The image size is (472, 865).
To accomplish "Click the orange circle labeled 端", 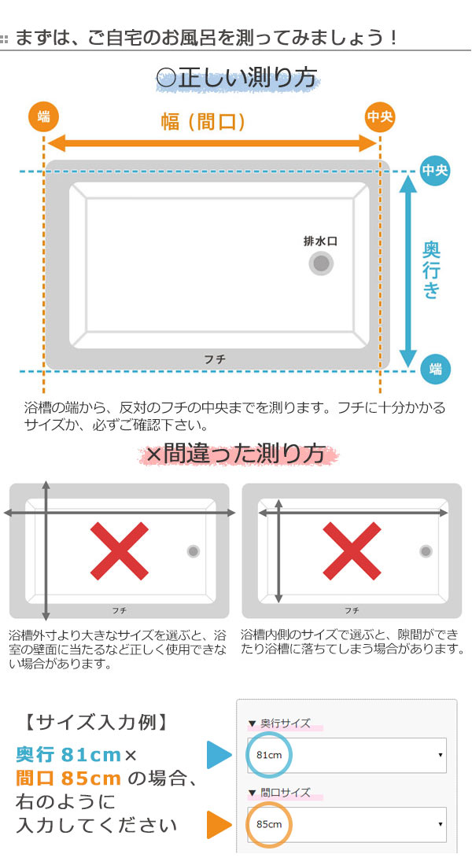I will pyautogui.click(x=43, y=117).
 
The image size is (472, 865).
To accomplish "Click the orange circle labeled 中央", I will pyautogui.click(x=380, y=117).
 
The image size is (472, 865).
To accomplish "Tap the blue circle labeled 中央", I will pyautogui.click(x=434, y=171).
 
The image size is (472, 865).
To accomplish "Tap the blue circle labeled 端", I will pyautogui.click(x=434, y=369).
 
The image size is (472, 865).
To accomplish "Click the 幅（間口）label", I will pyautogui.click(x=204, y=121).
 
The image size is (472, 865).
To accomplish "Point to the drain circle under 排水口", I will pyautogui.click(x=320, y=264).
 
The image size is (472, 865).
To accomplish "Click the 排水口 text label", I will pyautogui.click(x=320, y=241).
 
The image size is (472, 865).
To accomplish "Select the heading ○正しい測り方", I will pyautogui.click(x=237, y=77).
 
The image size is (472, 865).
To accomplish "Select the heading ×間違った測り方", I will pyautogui.click(x=236, y=453).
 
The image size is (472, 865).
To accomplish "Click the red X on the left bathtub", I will pyautogui.click(x=119, y=550).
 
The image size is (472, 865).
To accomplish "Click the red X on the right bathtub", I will pyautogui.click(x=352, y=550).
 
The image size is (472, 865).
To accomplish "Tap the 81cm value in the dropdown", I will pyautogui.click(x=269, y=755).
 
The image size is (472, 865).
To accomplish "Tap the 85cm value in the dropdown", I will pyautogui.click(x=269, y=824).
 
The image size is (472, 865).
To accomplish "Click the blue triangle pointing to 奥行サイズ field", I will pyautogui.click(x=218, y=755).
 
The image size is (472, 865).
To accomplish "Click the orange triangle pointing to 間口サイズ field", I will pyautogui.click(x=218, y=824).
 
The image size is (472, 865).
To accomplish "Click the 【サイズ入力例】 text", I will pyautogui.click(x=94, y=720).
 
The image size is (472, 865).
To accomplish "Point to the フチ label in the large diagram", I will pyautogui.click(x=215, y=359).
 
